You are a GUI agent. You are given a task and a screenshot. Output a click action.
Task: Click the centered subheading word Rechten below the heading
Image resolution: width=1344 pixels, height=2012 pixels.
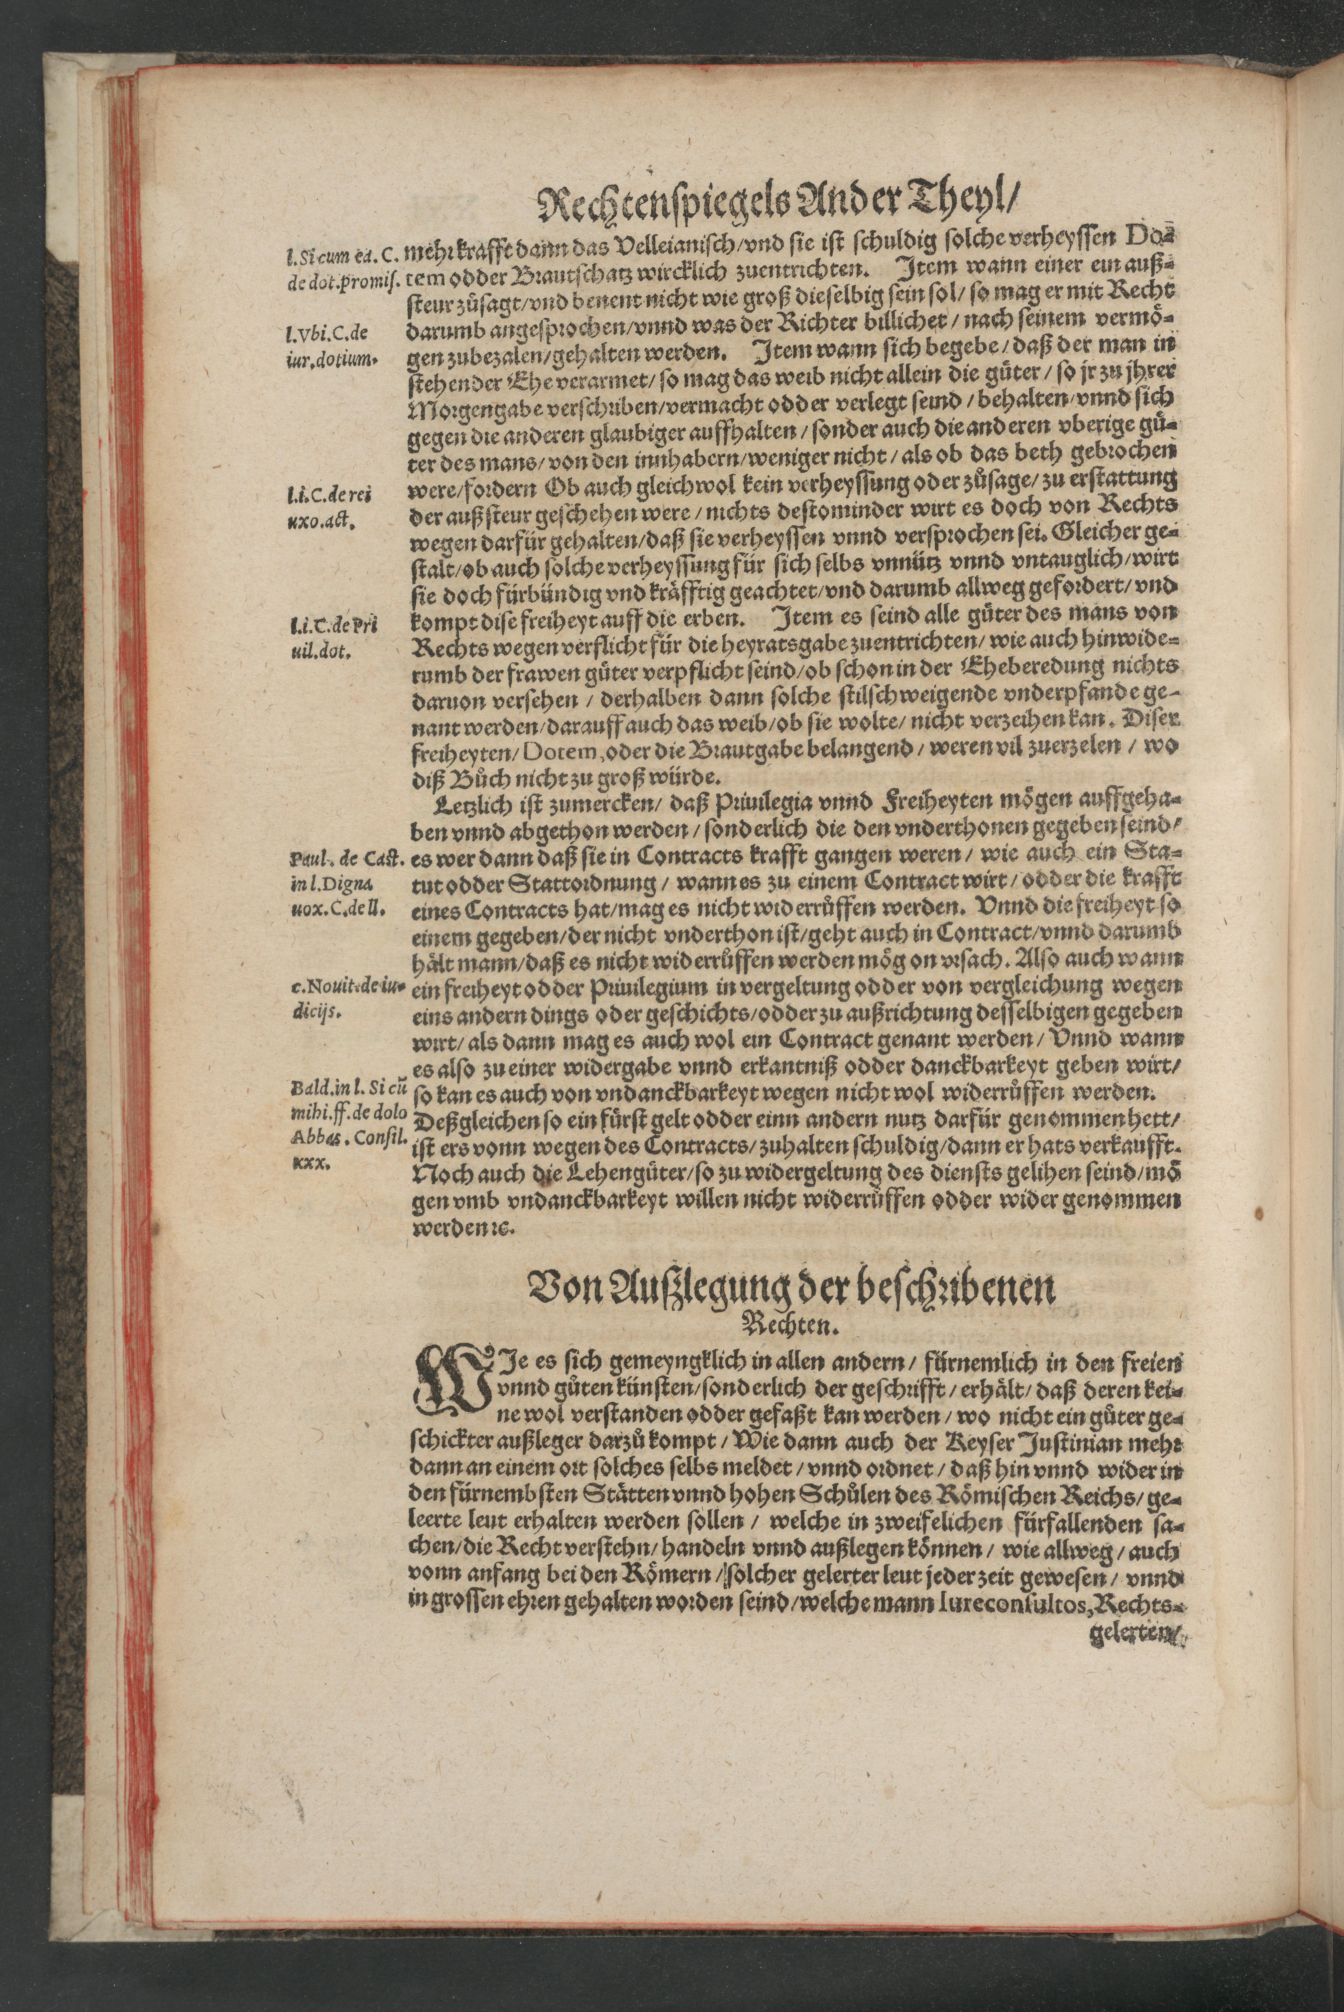pyautogui.click(x=789, y=1326)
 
